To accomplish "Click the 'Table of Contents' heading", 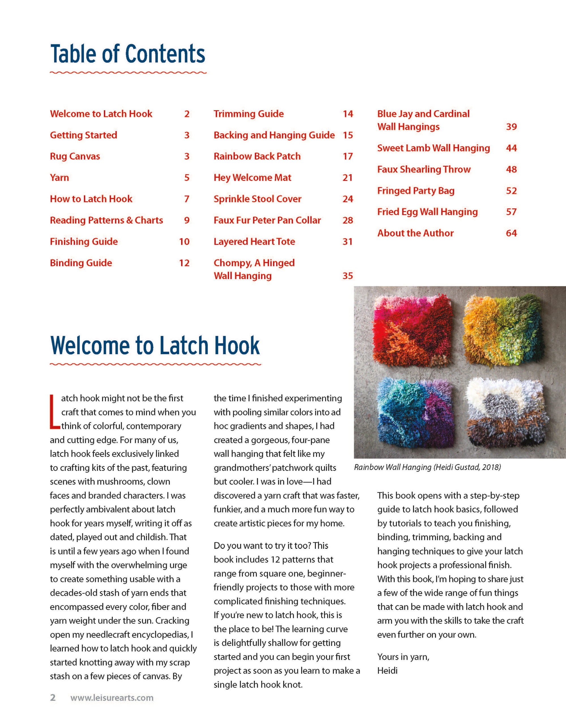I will coord(128,54).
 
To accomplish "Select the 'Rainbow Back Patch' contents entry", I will coord(257,156).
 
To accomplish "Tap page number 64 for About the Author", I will coord(511,233).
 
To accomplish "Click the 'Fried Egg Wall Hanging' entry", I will coord(427,212).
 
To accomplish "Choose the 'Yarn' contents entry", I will coord(59,178).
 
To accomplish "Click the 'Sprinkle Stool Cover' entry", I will coord(258,199).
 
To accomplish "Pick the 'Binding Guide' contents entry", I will coord(81,263).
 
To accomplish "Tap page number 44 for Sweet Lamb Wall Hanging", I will coord(511,148).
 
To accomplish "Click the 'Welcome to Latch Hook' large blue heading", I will coord(155,346).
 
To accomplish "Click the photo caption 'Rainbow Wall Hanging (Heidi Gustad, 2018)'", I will coord(427,467).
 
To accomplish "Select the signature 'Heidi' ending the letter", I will coord(387,671).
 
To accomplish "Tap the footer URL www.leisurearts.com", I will coord(112,698).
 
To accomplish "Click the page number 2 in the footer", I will coord(53,698).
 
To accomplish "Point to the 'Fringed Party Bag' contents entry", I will coord(416,191).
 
